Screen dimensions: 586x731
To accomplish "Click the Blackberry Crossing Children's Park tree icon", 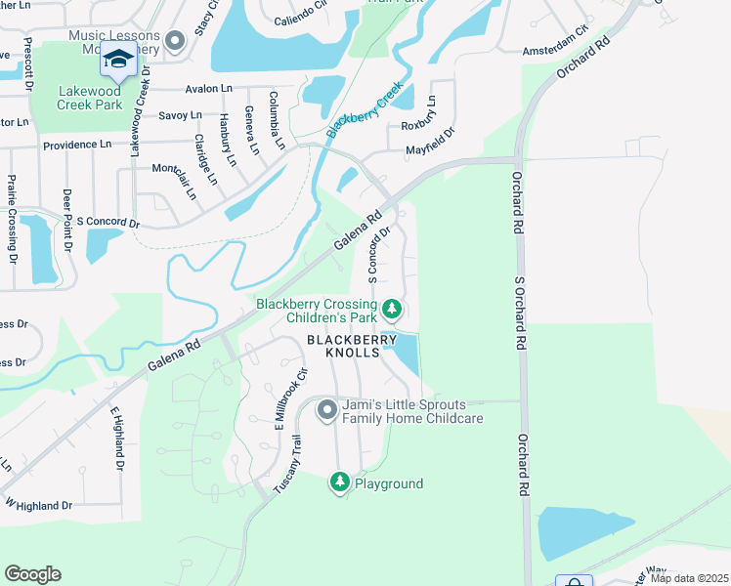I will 391,310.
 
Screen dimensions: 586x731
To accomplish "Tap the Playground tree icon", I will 339,481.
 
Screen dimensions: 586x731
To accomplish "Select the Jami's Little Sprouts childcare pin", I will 327,411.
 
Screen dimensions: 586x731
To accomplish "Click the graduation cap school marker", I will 118,62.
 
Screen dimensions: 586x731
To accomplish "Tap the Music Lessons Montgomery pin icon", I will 175,41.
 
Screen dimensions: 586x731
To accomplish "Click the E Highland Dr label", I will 116,438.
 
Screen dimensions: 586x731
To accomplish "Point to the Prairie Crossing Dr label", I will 13,219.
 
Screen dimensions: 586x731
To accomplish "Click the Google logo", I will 32,574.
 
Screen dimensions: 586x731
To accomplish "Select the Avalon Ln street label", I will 207,88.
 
